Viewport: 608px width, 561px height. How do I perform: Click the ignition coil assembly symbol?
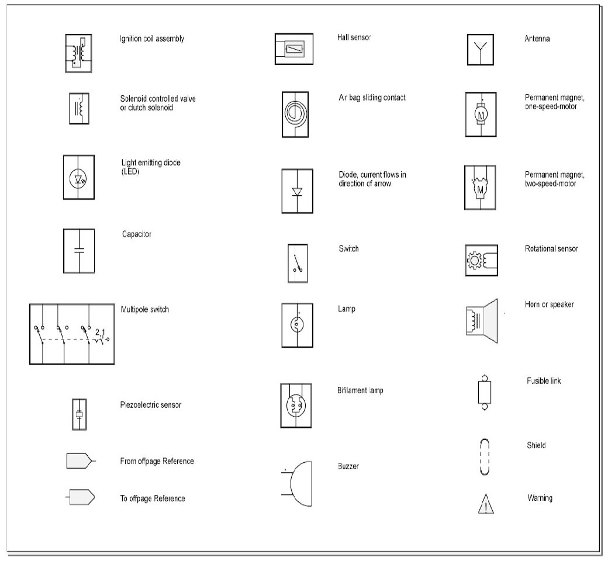78,53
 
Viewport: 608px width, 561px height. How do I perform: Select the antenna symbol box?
481,50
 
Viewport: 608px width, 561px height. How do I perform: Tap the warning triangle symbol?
486,504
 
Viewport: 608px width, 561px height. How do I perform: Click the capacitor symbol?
79,251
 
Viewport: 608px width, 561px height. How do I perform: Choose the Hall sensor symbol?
294,49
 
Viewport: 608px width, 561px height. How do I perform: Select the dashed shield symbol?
484,456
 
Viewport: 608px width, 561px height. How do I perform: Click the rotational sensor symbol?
481,260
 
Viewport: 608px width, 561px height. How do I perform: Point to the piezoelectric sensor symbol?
79,414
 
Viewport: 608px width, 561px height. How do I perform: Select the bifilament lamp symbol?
296,405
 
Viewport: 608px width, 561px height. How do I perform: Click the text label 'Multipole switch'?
144,310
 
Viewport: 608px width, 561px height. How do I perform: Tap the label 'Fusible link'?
544,381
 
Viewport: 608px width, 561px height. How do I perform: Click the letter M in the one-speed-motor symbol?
481,115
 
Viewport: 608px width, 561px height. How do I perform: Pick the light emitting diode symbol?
79,177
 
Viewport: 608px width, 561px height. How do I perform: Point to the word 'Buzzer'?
348,466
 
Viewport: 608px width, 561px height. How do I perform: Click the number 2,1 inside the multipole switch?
99,332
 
